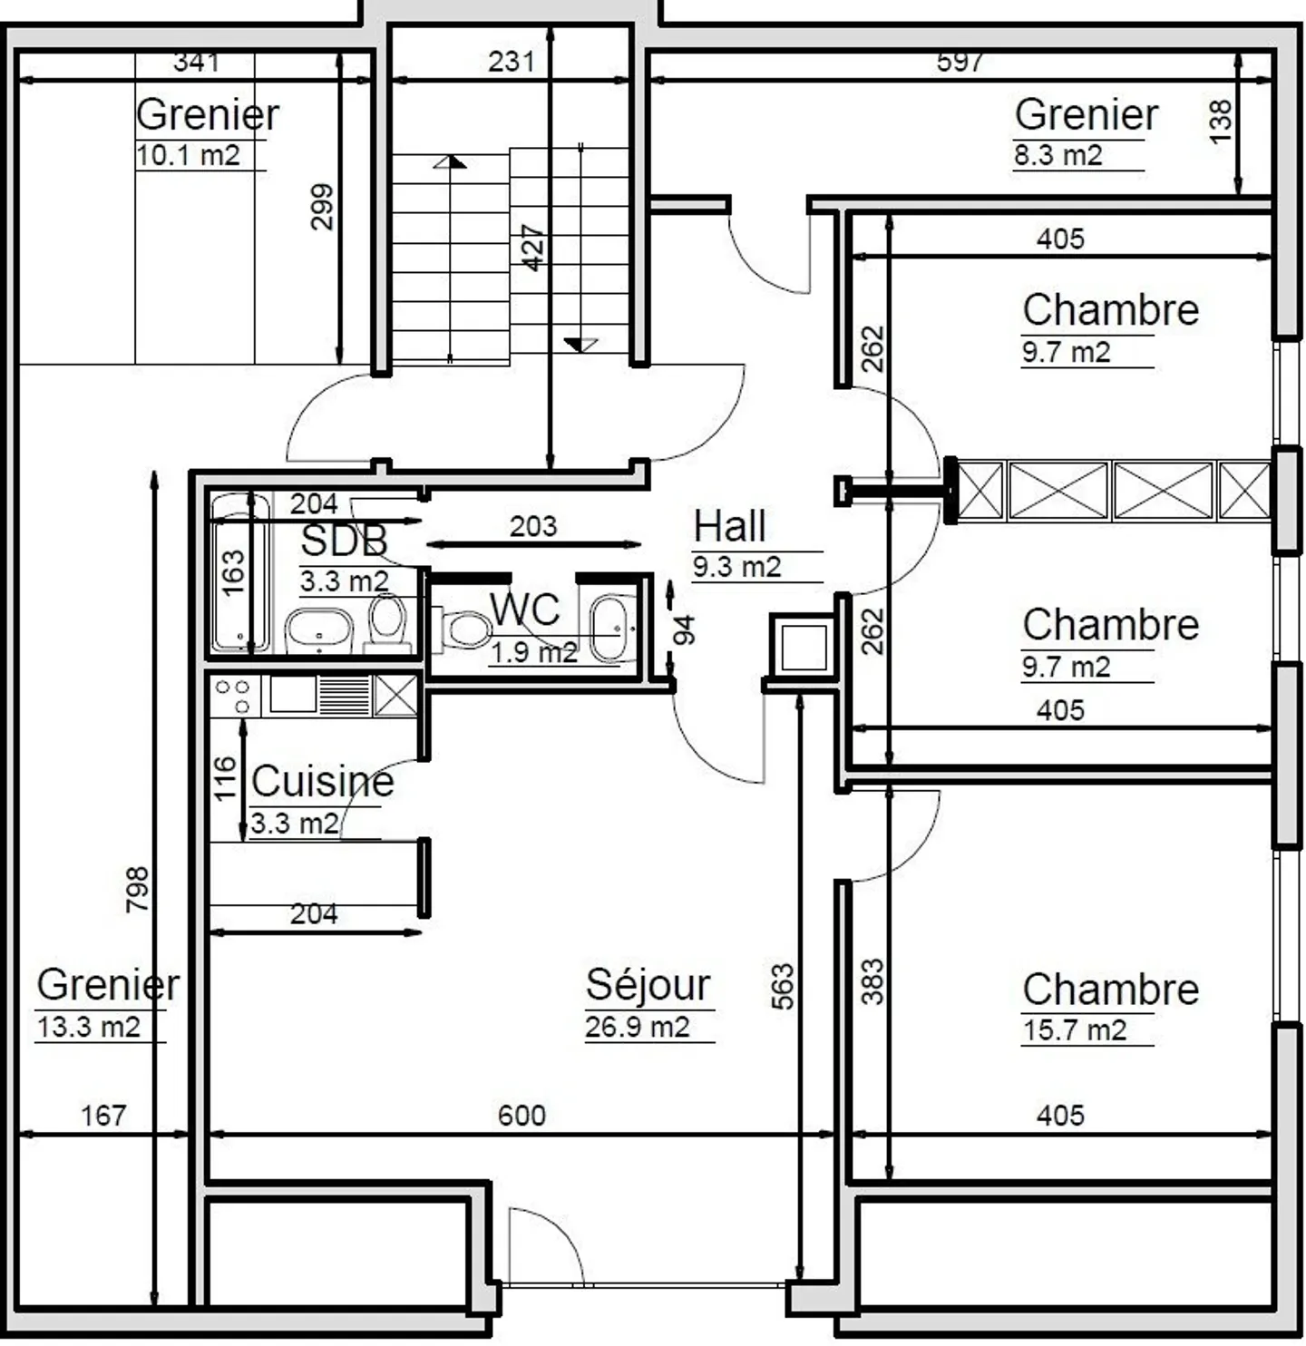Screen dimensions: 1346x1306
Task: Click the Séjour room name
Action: pos(648,985)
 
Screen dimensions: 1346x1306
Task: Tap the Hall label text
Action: pos(729,526)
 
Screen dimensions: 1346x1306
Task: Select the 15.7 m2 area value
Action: pos(1074,1030)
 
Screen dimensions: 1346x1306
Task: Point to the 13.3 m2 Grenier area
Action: pos(89,1028)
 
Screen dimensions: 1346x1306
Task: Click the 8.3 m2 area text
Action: pos(1057,155)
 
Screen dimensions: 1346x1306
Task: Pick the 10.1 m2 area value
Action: pos(188,155)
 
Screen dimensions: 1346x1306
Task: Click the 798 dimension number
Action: pos(138,889)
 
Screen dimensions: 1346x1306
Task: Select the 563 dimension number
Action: pos(782,986)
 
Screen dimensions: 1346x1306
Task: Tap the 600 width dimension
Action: pos(521,1116)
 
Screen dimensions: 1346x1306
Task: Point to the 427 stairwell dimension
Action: pos(533,248)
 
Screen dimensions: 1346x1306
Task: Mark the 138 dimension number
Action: pos(1221,121)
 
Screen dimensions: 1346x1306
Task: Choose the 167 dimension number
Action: pos(103,1116)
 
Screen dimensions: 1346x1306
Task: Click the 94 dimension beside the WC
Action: pos(685,629)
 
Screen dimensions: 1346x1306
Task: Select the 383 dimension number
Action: pos(872,981)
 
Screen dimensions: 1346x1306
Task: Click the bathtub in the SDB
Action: pos(239,573)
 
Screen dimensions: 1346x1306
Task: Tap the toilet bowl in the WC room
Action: pos(466,629)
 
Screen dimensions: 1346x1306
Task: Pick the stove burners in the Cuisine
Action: pos(233,697)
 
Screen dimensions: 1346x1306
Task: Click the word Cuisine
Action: pos(322,782)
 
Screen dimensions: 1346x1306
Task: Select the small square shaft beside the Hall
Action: pos(803,647)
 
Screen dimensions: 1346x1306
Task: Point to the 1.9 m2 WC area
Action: pos(533,652)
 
